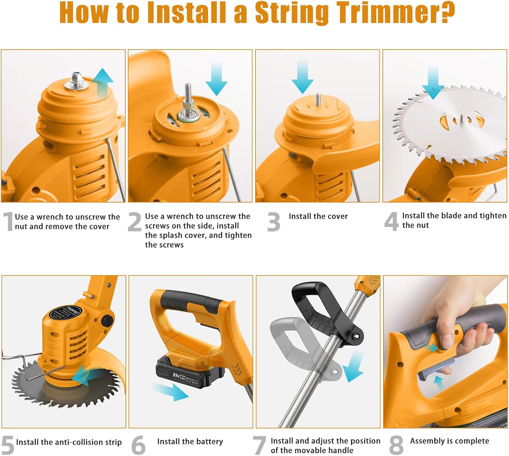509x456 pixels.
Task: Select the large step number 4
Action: pyautogui.click(x=391, y=222)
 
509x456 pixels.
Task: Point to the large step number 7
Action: pyautogui.click(x=260, y=445)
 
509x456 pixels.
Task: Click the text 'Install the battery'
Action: pyautogui.click(x=190, y=441)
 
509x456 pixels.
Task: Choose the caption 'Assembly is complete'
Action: pyautogui.click(x=449, y=441)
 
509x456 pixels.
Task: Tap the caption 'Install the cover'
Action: pyautogui.click(x=318, y=216)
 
